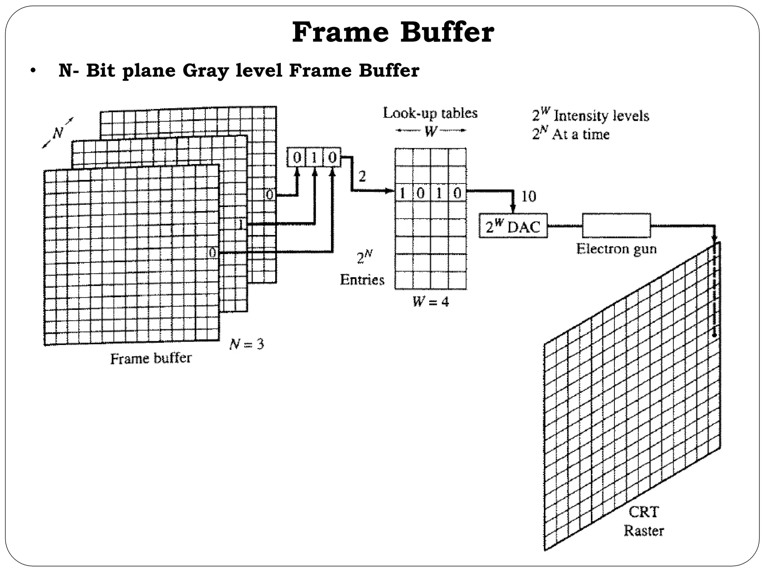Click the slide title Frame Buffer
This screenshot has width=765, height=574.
(x=393, y=33)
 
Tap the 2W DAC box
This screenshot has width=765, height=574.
(x=513, y=226)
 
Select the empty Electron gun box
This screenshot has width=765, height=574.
(x=616, y=225)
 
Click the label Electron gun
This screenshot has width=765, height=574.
(x=616, y=249)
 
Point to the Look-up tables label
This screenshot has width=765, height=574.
(x=430, y=113)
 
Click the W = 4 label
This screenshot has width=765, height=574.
(x=430, y=302)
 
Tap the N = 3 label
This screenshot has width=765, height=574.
(x=247, y=344)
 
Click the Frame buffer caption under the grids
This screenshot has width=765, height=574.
(x=151, y=359)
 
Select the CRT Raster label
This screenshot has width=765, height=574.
(x=644, y=521)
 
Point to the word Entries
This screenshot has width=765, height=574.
(x=362, y=280)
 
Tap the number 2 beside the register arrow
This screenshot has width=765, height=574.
(x=362, y=176)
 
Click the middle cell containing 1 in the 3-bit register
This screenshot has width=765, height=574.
(x=314, y=158)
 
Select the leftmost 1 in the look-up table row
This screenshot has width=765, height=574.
(x=403, y=193)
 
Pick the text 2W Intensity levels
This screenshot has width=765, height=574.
(x=591, y=115)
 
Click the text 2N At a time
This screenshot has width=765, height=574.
(x=571, y=134)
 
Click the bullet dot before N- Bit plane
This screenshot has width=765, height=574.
(x=33, y=71)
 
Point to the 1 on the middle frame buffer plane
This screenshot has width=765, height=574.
(x=241, y=224)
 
